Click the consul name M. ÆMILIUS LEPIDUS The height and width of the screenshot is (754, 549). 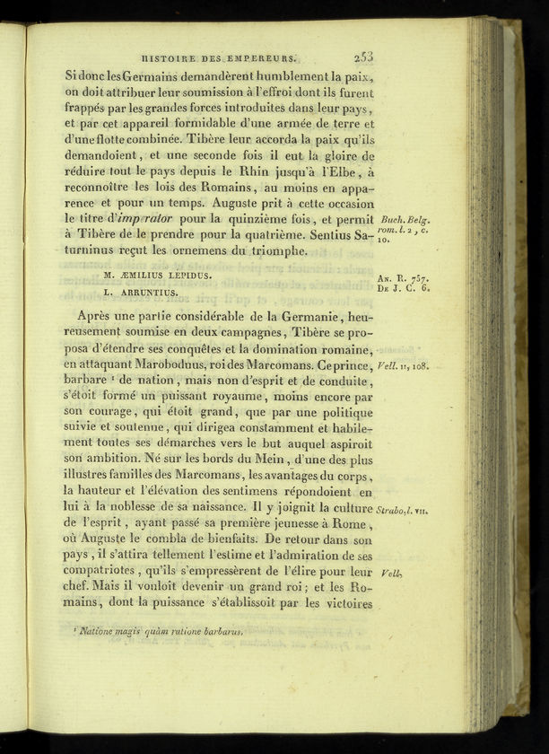coord(157,275)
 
